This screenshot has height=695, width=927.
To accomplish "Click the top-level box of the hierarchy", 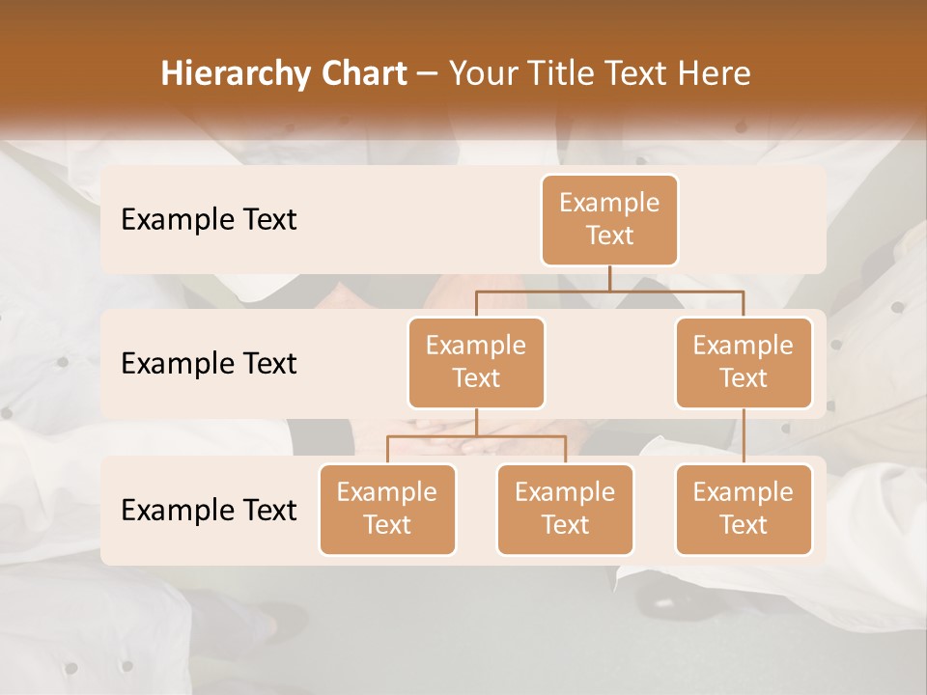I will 609,220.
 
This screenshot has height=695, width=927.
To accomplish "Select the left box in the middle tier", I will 476,363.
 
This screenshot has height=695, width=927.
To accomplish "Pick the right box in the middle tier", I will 744,363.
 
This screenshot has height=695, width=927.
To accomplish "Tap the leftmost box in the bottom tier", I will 387,510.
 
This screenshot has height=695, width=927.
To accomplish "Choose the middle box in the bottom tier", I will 565,510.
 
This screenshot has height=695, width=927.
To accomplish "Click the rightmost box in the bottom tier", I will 744,510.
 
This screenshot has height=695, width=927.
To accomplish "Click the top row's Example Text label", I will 209,220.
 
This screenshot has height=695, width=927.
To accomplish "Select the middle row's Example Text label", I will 209,364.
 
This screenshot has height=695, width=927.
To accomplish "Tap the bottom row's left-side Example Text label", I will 209,511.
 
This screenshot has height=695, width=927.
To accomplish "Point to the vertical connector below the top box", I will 609,278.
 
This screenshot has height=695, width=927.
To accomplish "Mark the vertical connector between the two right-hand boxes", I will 744,436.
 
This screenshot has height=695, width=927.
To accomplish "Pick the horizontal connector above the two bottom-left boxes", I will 476,436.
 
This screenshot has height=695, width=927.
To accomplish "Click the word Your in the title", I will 482,74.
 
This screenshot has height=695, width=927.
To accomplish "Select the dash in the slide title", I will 428,74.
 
